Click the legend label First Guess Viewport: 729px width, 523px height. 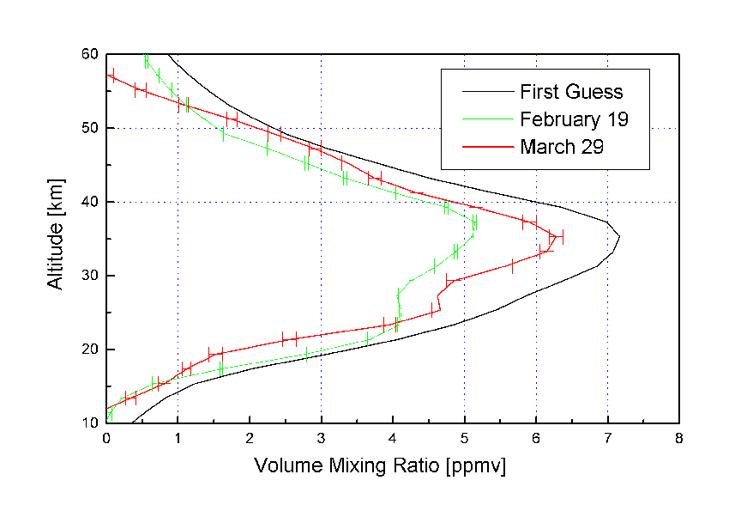[x=571, y=91]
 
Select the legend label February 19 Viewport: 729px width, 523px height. [x=574, y=119]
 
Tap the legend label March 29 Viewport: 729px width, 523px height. [x=562, y=147]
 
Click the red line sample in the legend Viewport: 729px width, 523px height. [x=485, y=148]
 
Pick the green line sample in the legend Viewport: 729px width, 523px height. [x=485, y=120]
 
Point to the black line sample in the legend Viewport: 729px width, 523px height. [x=485, y=92]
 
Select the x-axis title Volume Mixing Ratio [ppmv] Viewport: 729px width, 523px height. [x=380, y=466]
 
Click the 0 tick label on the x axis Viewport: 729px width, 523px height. [x=106, y=439]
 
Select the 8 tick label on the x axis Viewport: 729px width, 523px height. [x=679, y=439]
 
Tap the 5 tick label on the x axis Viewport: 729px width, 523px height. [x=464, y=439]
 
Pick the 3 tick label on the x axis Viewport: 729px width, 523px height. [x=321, y=439]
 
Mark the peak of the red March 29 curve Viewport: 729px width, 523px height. [x=556, y=236]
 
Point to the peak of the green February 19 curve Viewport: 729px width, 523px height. [x=474, y=223]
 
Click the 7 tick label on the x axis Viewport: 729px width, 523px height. [x=607, y=439]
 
